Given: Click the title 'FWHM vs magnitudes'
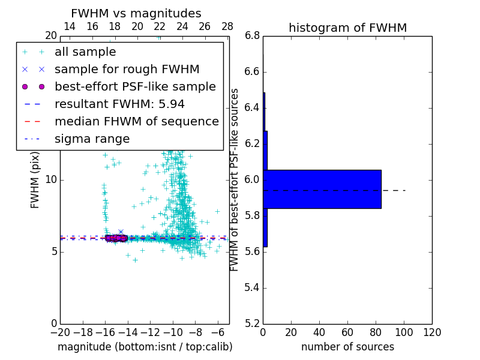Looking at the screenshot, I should click(x=136, y=14).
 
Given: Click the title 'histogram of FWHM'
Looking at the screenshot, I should click(x=347, y=28).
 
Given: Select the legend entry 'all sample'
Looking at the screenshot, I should click(x=85, y=52).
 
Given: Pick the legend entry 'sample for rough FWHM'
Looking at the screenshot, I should click(x=127, y=70).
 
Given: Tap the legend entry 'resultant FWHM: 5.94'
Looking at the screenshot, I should click(x=119, y=104).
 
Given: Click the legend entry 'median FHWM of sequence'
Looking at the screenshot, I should click(x=136, y=122).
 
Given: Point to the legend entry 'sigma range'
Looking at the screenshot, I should click(x=92, y=139).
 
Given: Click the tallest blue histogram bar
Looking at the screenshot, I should click(x=322, y=189).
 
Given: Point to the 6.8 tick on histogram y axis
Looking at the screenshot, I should click(x=252, y=36).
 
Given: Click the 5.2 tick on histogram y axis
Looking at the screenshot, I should click(x=252, y=323).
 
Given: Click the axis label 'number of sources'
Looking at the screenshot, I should click(x=347, y=347).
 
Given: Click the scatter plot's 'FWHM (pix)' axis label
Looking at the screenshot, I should click(x=35, y=180).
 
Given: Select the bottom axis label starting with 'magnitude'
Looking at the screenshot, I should click(x=145, y=347).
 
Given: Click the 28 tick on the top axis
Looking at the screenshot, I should click(x=227, y=26).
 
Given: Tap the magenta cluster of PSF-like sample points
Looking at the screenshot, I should click(x=116, y=238).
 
